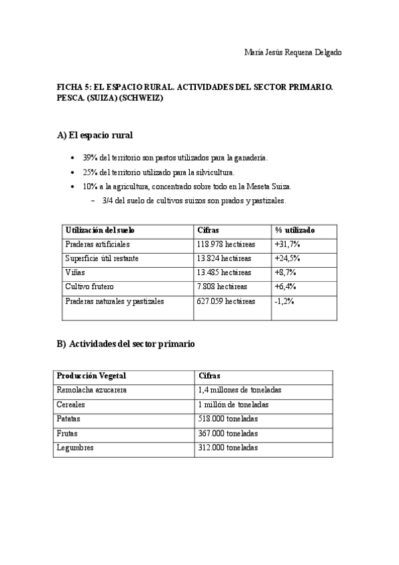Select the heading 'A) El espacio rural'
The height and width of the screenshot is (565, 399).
click(95, 135)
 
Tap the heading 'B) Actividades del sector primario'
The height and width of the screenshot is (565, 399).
click(126, 344)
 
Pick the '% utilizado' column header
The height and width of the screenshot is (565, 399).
click(295, 230)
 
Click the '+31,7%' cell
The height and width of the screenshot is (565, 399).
click(287, 244)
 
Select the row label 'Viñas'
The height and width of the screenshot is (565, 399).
click(75, 273)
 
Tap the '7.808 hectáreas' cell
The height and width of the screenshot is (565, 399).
click(222, 286)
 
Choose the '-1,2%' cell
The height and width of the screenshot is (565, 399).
click(284, 301)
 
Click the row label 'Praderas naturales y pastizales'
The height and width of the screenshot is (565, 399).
click(115, 301)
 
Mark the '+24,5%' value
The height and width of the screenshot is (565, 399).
click(287, 259)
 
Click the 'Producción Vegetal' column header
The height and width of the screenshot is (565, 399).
click(91, 376)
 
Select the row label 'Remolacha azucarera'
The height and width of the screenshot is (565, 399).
click(92, 390)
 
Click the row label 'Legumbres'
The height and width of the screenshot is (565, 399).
click(75, 448)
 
